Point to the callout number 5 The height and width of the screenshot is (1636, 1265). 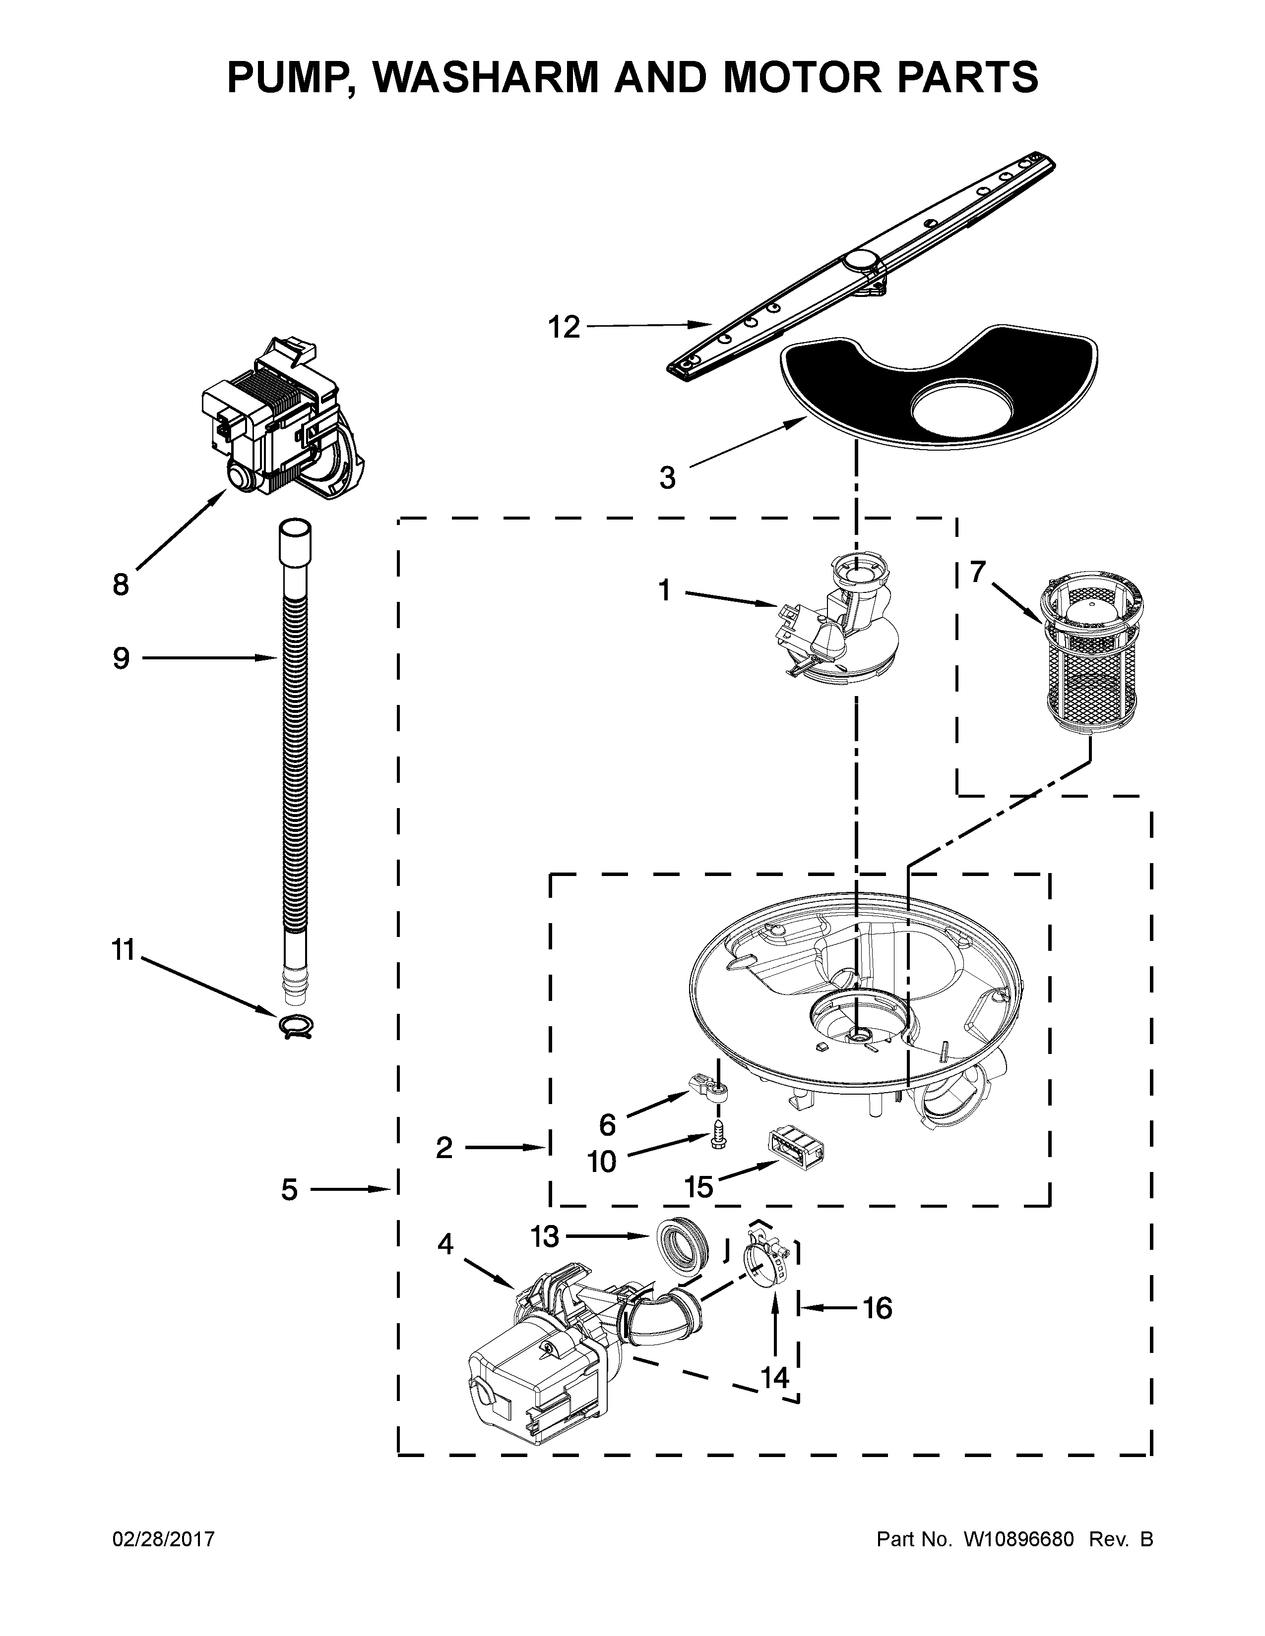289,1189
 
